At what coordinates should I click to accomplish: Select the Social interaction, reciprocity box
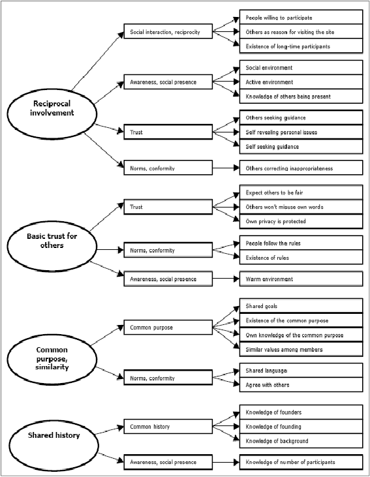(168, 31)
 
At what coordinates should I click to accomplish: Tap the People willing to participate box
(301, 17)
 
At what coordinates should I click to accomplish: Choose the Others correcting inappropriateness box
(301, 168)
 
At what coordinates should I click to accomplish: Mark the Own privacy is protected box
(301, 221)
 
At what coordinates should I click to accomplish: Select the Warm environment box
(301, 279)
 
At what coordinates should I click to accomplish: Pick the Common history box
(168, 427)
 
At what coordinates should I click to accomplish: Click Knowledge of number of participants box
(301, 462)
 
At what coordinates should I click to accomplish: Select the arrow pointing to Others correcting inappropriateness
(226, 168)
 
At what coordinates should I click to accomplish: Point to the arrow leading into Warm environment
(226, 279)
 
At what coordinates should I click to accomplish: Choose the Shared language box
(301, 371)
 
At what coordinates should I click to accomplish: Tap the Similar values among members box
(301, 349)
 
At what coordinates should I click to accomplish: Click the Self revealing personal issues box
(301, 132)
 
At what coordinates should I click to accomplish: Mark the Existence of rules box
(301, 257)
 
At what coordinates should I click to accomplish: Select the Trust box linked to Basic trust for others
(168, 207)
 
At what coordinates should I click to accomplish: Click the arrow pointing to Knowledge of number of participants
(226, 462)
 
